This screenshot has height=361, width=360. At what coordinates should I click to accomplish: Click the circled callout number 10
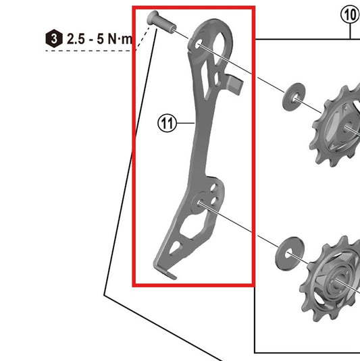pyautogui.click(x=349, y=14)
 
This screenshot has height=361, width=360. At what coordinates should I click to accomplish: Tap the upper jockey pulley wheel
pyautogui.click(x=334, y=125)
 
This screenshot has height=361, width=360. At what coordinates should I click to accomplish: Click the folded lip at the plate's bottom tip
pyautogui.click(x=170, y=273)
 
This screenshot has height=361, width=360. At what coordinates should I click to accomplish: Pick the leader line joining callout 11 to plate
pyautogui.click(x=185, y=123)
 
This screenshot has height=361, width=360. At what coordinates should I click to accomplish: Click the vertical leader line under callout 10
pyautogui.click(x=349, y=31)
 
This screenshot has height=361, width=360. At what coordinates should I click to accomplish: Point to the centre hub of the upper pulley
pyautogui.click(x=346, y=128)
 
